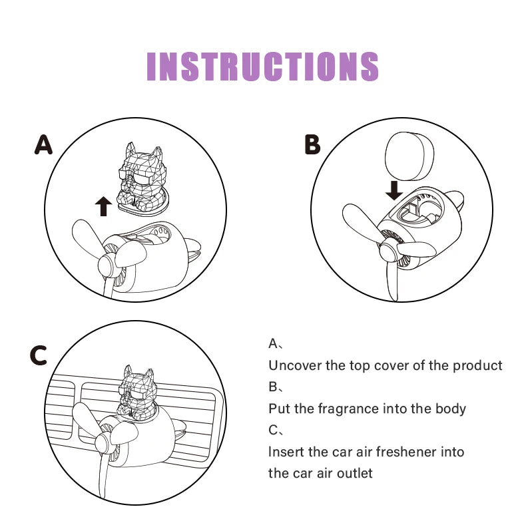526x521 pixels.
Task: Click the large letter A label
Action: (x=44, y=144)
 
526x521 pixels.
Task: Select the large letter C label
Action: (x=39, y=356)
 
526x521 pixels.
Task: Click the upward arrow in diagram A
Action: (x=103, y=206)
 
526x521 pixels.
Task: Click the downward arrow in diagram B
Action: (x=394, y=190)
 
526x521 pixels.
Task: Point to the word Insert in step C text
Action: (x=285, y=452)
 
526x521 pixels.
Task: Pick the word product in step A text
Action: (x=479, y=365)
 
